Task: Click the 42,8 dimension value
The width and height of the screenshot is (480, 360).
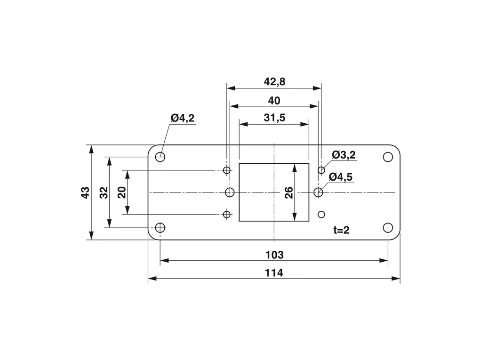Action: pyautogui.click(x=274, y=82)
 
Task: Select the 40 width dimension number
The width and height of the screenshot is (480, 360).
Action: pyautogui.click(x=274, y=101)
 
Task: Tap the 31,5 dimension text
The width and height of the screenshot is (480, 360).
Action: pyautogui.click(x=274, y=118)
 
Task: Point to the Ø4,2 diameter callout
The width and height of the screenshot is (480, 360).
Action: pyautogui.click(x=183, y=118)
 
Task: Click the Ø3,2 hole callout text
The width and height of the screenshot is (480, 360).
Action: pyautogui.click(x=344, y=155)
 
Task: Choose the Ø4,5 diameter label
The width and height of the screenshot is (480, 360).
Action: pyautogui.click(x=341, y=177)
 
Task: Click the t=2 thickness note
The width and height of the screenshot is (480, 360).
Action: pyautogui.click(x=341, y=230)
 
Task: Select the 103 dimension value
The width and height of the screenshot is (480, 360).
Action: pyautogui.click(x=274, y=255)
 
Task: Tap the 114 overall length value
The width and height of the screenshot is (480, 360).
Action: pyautogui.click(x=274, y=273)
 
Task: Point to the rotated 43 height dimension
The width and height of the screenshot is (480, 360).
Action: pyautogui.click(x=85, y=192)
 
